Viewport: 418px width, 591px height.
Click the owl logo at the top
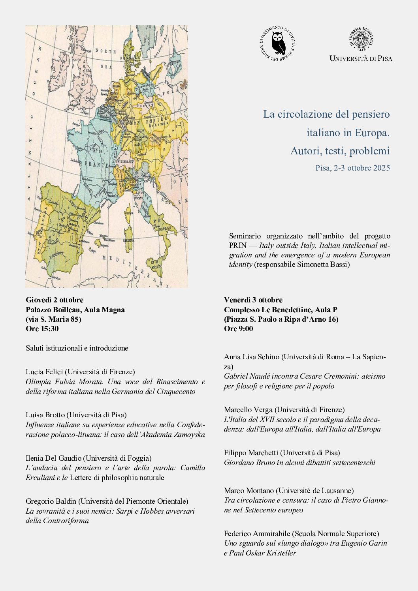[x=279, y=43]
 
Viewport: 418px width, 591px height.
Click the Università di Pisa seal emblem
[x=361, y=39]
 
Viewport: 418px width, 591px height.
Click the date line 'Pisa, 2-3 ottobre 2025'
[x=352, y=168]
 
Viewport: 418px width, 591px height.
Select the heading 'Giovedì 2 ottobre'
[x=55, y=300]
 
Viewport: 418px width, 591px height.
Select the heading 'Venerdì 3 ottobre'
[x=253, y=300]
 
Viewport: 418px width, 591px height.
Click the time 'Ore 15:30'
[x=42, y=328]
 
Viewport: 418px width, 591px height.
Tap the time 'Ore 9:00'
[x=239, y=328]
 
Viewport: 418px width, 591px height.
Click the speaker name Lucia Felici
[x=44, y=371]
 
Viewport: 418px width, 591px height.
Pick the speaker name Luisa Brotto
[x=45, y=415]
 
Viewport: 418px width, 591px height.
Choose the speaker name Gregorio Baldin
[x=51, y=501]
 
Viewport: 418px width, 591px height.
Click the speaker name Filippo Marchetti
[x=251, y=452]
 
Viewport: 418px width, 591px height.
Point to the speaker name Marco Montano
[x=249, y=490]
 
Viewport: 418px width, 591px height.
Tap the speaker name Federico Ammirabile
[x=257, y=533]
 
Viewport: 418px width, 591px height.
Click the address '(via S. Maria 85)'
[x=53, y=319]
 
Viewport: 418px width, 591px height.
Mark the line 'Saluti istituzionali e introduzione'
[x=77, y=348]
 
